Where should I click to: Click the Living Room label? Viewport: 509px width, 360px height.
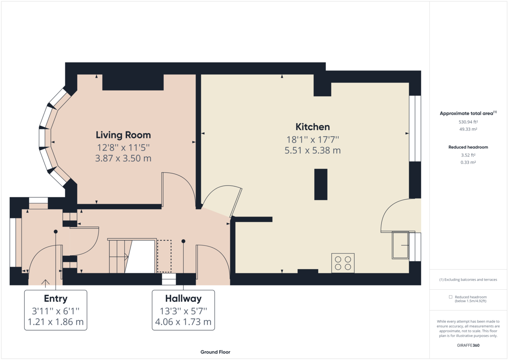[x=123, y=135]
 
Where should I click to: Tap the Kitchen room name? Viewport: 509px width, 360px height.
[x=313, y=127]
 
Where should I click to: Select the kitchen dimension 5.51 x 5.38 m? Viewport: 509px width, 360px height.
[x=313, y=151]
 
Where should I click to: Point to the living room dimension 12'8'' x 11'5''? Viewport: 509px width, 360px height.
[x=123, y=148]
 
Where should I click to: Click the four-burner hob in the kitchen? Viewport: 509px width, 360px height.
[x=343, y=263]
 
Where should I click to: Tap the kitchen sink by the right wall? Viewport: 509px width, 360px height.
[x=400, y=245]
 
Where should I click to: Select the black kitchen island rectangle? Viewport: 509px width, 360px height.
[x=321, y=184]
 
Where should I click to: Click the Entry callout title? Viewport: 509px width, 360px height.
[x=56, y=299]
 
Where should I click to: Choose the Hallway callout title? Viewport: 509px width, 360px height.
[x=183, y=299]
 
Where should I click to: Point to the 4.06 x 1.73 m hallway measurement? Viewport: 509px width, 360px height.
[x=183, y=322]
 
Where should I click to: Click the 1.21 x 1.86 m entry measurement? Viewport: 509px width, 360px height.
[x=56, y=322]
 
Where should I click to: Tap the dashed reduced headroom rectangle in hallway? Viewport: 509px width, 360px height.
[x=164, y=256]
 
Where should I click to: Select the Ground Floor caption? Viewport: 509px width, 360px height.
[x=215, y=352]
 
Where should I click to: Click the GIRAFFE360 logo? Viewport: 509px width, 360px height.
[x=468, y=345]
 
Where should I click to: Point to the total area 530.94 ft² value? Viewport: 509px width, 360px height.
[x=468, y=122]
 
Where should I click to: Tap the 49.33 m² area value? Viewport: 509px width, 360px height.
[x=468, y=129]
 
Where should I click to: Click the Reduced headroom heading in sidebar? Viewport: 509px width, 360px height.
[x=468, y=147]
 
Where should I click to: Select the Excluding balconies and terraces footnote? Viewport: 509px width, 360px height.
[x=468, y=280]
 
